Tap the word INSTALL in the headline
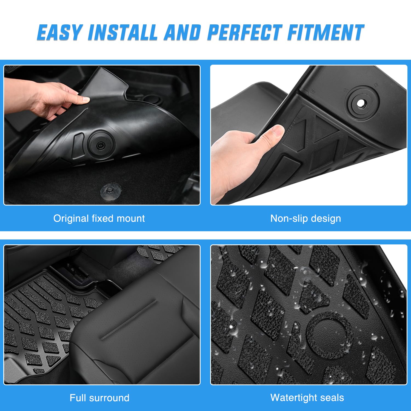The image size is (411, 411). pyautogui.click(x=122, y=33)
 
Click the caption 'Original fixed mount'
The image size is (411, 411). pyautogui.click(x=99, y=218)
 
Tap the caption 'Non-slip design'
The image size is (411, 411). pyautogui.click(x=306, y=218)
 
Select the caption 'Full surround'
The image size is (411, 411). pyautogui.click(x=99, y=398)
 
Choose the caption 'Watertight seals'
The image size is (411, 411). pyautogui.click(x=307, y=398)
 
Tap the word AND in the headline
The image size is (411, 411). pyautogui.click(x=182, y=33)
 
